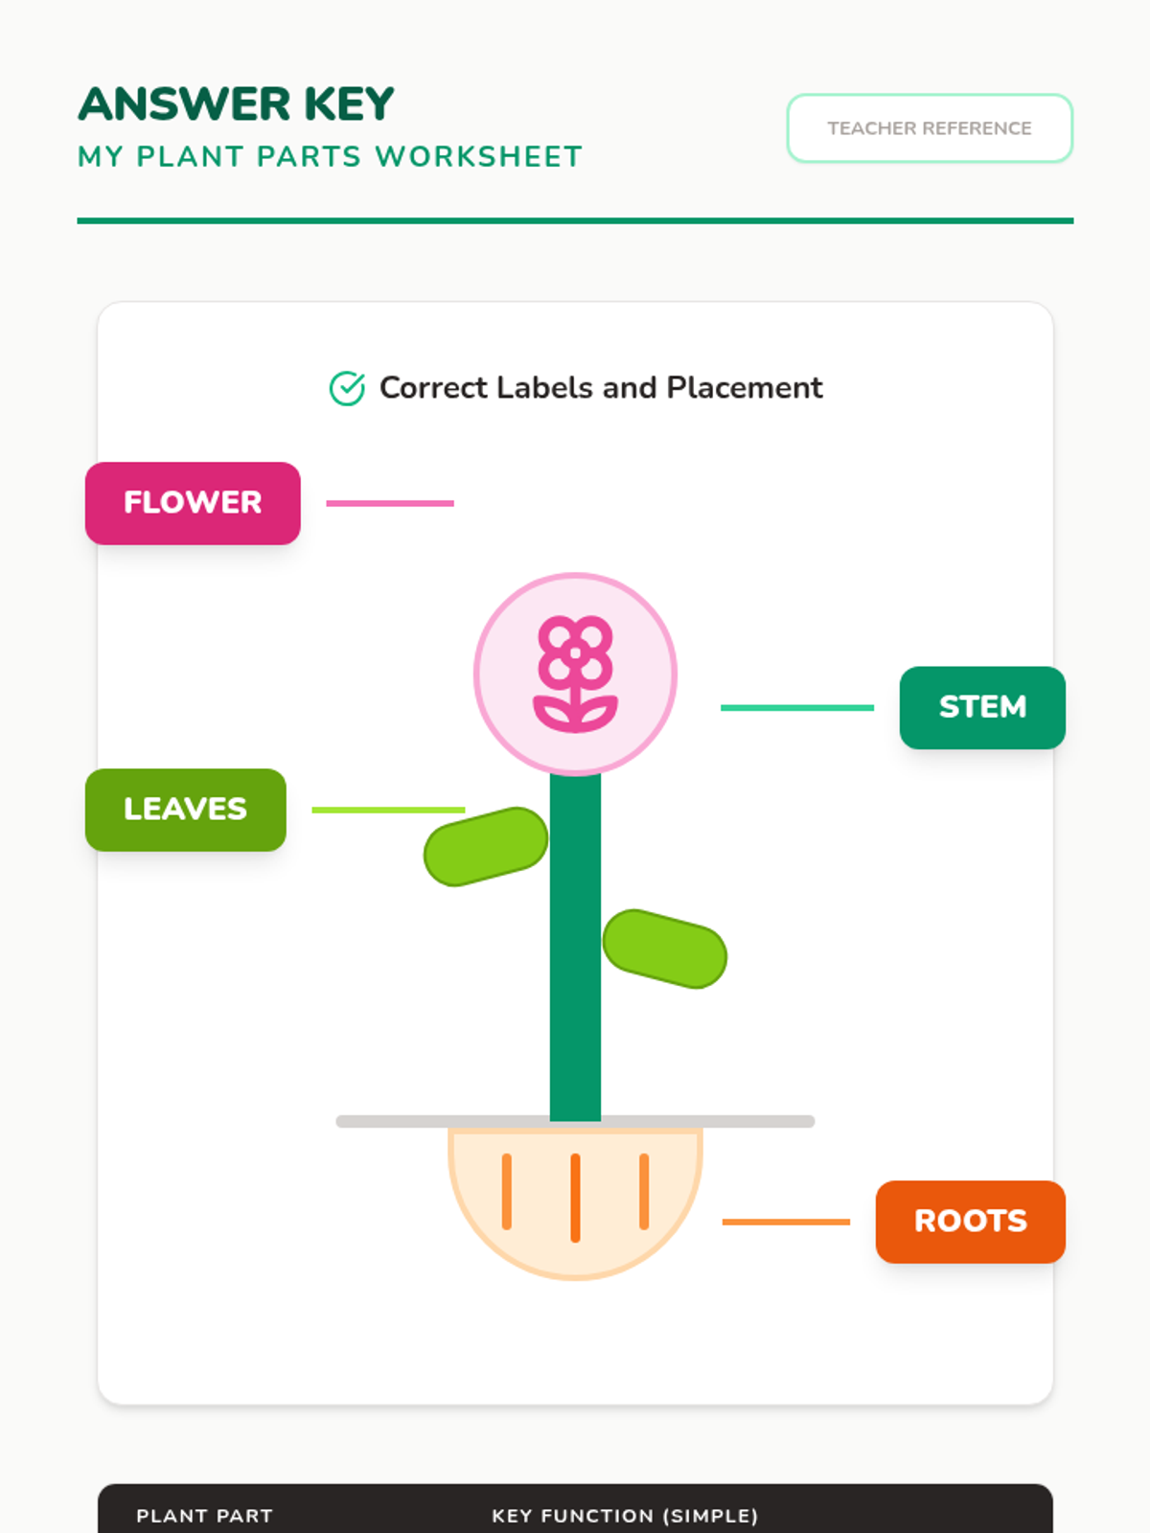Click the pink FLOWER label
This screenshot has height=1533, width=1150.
point(193,503)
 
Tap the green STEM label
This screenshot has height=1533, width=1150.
point(982,707)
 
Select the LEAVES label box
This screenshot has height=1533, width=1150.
point(185,810)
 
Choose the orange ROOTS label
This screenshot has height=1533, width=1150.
point(970,1222)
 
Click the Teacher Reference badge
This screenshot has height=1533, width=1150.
point(929,128)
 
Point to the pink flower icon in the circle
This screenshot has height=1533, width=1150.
point(575,674)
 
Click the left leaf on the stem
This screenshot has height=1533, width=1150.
point(486,847)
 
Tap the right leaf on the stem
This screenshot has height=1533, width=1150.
point(665,949)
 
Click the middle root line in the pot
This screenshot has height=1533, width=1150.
point(575,1198)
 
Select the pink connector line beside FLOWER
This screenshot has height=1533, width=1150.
point(390,503)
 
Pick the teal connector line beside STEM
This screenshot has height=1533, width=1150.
point(796,708)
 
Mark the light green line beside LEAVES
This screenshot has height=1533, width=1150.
point(388,810)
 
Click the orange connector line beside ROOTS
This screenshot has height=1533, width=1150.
point(786,1222)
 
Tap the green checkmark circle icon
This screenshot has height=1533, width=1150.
point(347,388)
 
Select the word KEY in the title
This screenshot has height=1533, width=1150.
point(349,104)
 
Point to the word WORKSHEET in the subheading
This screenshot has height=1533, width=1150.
point(478,157)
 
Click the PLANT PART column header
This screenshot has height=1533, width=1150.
point(204,1516)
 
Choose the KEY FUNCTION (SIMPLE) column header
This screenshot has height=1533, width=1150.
point(625,1516)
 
